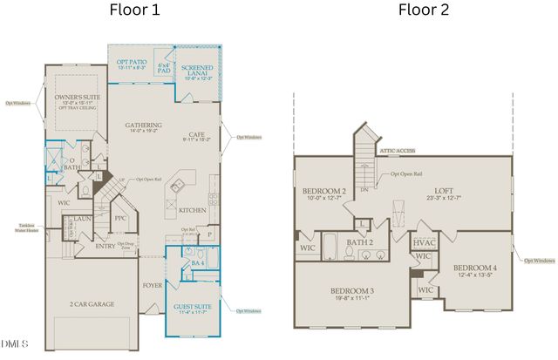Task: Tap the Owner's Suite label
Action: coord(73,98)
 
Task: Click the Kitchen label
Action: coord(193,210)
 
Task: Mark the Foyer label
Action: coord(152,284)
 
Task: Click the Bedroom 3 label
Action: coord(353,292)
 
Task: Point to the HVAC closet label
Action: coord(424,242)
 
